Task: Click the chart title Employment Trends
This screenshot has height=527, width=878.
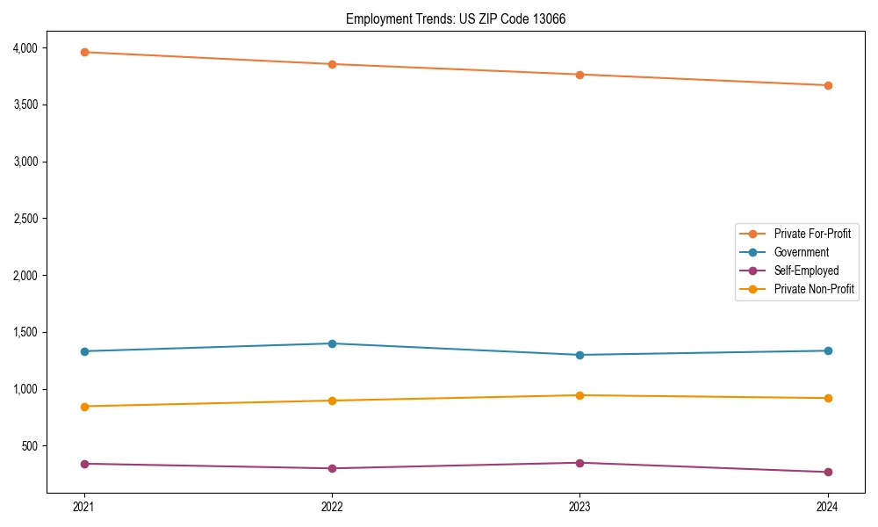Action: (x=455, y=18)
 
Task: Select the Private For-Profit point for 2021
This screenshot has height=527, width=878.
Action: (x=84, y=52)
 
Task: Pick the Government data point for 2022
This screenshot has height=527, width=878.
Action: (x=332, y=343)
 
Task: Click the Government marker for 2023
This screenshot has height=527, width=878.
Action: (x=579, y=355)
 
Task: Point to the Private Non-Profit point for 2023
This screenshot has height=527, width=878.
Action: (x=579, y=395)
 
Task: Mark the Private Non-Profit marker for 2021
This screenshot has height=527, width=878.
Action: (x=84, y=407)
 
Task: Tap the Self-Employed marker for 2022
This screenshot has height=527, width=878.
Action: (x=332, y=468)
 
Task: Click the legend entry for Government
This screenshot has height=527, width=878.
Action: (x=801, y=252)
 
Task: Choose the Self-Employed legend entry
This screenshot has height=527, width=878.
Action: (x=806, y=271)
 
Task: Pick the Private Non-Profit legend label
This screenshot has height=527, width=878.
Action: (x=814, y=289)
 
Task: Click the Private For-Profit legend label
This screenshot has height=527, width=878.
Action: (x=812, y=234)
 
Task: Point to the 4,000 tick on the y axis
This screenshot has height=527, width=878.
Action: (x=25, y=47)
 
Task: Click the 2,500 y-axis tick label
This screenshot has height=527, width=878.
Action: (x=25, y=219)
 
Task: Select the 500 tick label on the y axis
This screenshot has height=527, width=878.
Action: (x=29, y=446)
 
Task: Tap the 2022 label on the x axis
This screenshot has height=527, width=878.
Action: (x=332, y=507)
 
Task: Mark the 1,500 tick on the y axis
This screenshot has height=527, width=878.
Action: (x=25, y=332)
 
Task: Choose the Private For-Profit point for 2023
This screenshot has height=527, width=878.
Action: (x=579, y=75)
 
